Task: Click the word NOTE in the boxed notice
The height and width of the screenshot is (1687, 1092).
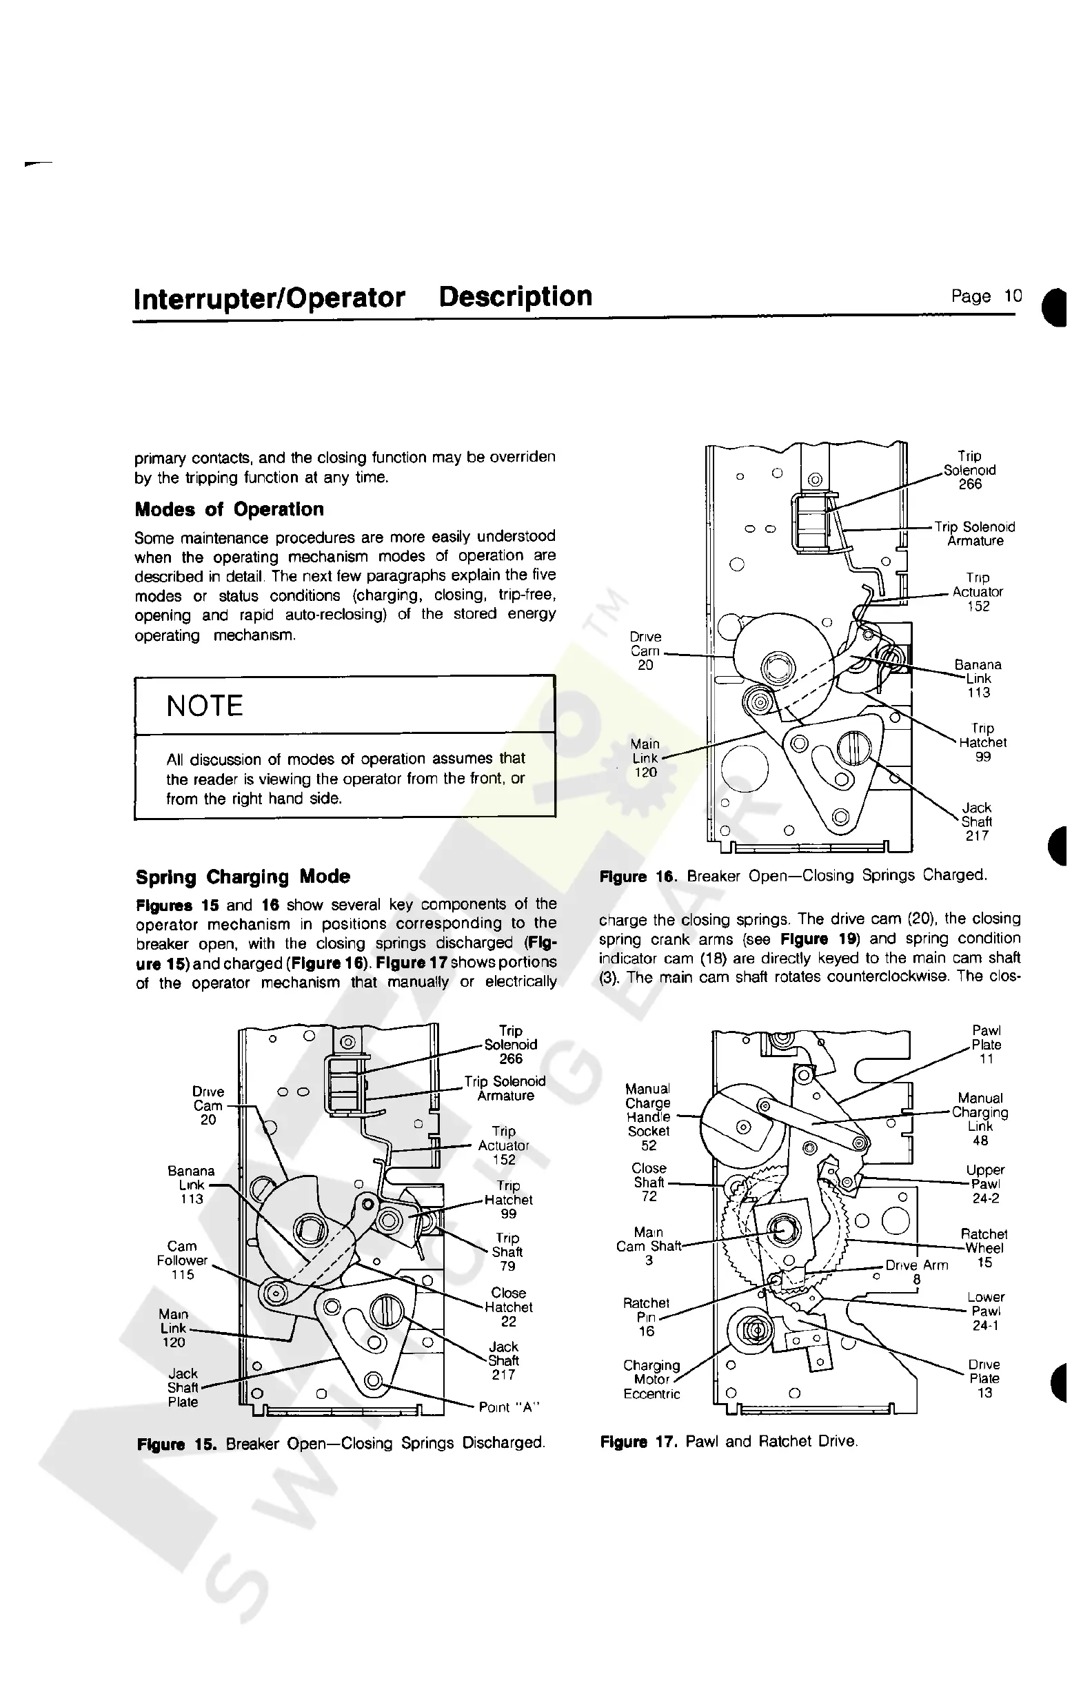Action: pyautogui.click(x=204, y=706)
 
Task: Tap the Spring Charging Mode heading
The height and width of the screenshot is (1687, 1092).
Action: pyautogui.click(x=243, y=877)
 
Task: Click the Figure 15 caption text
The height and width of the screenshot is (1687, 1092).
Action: pyautogui.click(x=341, y=1442)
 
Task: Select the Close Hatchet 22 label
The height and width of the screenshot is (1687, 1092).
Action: pyautogui.click(x=508, y=1307)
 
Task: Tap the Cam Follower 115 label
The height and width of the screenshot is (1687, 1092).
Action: pyautogui.click(x=182, y=1260)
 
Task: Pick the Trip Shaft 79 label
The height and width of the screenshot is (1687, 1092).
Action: pyautogui.click(x=507, y=1251)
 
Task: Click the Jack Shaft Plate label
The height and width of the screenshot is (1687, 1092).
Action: pyautogui.click(x=183, y=1388)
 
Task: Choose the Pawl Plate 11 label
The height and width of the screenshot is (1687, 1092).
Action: pyautogui.click(x=987, y=1045)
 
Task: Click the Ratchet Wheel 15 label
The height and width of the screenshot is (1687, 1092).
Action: pyautogui.click(x=984, y=1248)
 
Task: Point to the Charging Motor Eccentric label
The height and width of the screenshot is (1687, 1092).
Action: pyautogui.click(x=651, y=1380)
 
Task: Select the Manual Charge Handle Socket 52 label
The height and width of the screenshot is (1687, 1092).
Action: pyautogui.click(x=648, y=1117)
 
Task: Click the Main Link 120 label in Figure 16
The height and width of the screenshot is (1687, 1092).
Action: pyautogui.click(x=645, y=758)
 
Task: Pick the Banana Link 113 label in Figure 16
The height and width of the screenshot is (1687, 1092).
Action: pyautogui.click(x=978, y=678)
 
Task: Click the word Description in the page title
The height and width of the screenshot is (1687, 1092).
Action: pyautogui.click(x=515, y=296)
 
